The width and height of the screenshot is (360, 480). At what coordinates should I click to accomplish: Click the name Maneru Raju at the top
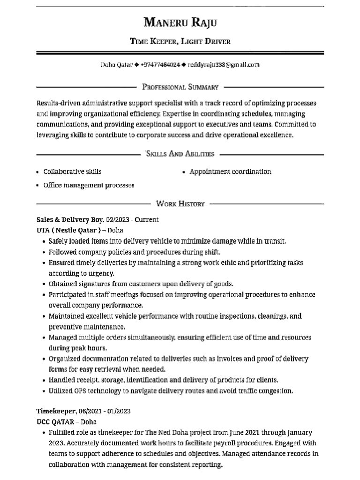click(180, 22)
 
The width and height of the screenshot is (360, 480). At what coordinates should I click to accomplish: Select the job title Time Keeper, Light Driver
click(180, 41)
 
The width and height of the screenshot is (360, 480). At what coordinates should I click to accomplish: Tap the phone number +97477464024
click(160, 65)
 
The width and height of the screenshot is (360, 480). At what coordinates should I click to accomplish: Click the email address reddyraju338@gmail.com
click(223, 65)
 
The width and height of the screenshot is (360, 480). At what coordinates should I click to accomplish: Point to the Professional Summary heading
click(180, 87)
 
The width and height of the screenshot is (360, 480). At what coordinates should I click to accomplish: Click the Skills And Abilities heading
click(180, 153)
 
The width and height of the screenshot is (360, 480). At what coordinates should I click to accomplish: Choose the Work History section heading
click(180, 203)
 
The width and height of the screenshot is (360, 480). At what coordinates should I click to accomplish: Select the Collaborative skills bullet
click(72, 172)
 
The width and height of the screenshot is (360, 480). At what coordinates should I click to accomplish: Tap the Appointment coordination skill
click(230, 172)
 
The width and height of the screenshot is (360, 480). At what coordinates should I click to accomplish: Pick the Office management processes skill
click(89, 185)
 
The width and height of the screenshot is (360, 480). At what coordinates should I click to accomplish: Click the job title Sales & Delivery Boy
click(70, 219)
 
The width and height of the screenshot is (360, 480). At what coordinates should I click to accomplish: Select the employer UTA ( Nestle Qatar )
click(68, 230)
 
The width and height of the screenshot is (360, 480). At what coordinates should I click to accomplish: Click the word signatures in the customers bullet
click(96, 284)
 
